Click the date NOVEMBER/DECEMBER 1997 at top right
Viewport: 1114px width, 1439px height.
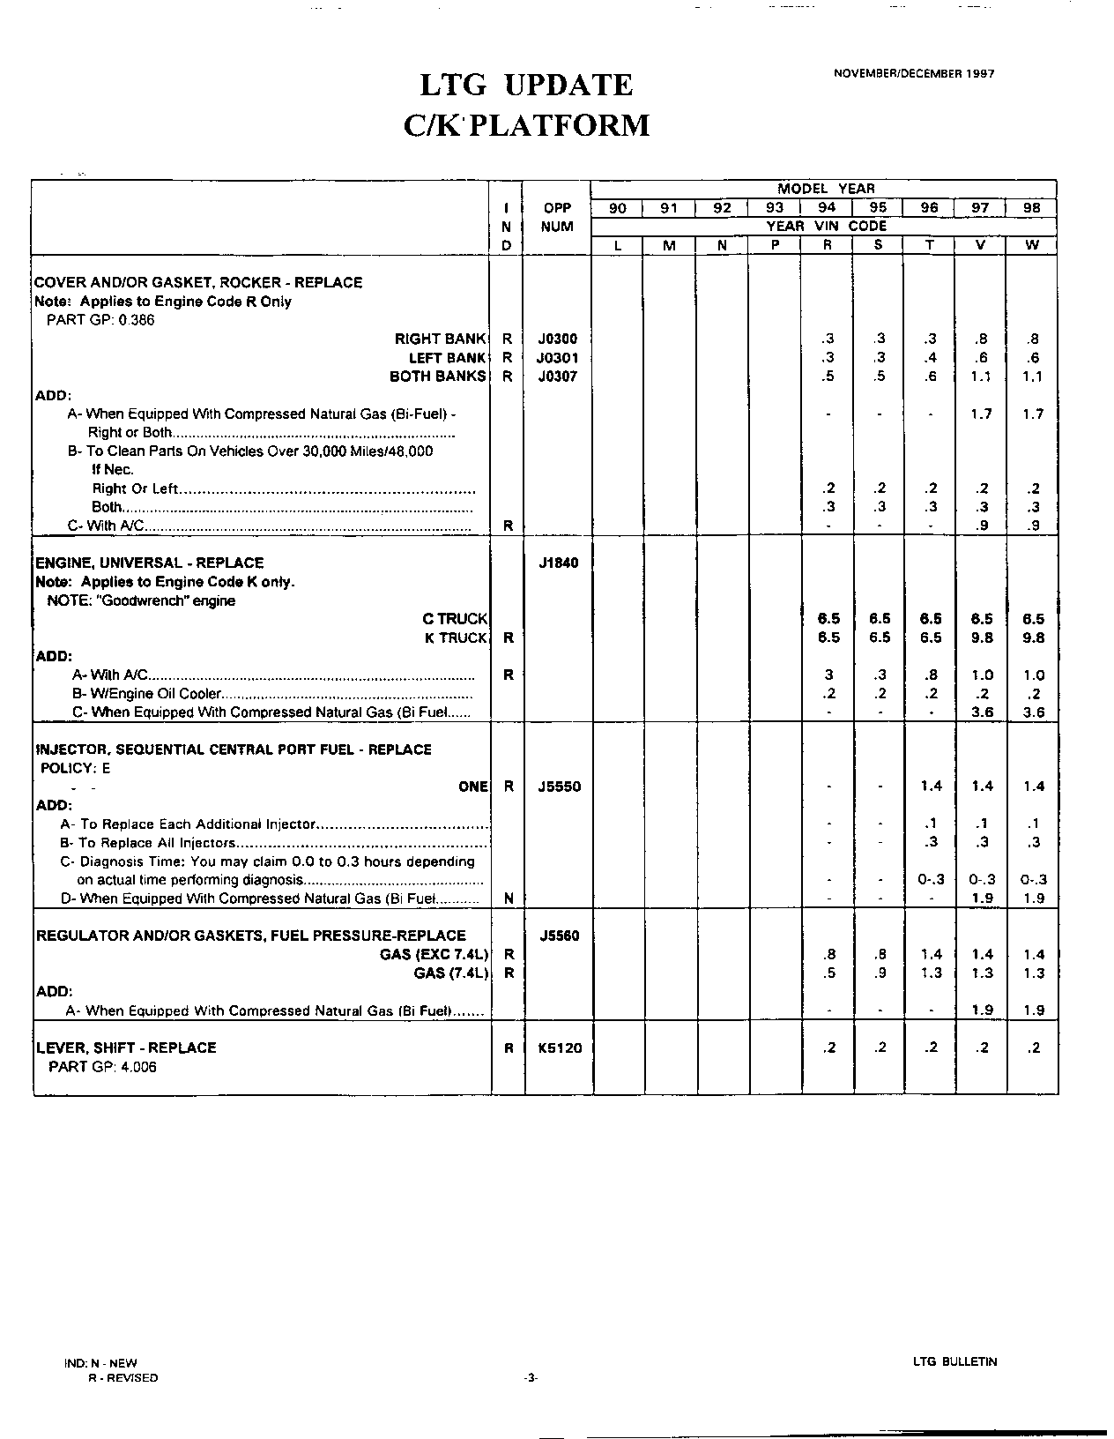tap(914, 74)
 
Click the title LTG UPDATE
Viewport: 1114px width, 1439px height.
tap(526, 86)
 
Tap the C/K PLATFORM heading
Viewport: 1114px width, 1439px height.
tap(526, 125)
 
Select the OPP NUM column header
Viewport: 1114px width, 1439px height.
tap(558, 217)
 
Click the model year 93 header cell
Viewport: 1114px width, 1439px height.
tap(774, 208)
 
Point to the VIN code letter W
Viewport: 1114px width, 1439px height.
tap(1031, 245)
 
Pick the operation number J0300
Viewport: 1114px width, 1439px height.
tap(558, 339)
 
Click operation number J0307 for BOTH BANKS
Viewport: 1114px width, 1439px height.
tap(558, 377)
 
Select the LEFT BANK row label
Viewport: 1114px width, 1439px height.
tap(448, 358)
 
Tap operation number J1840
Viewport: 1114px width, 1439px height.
tap(558, 563)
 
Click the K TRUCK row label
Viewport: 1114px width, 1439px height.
tap(456, 637)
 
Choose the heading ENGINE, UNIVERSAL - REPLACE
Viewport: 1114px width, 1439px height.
tap(149, 563)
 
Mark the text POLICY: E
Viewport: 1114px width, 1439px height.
tap(76, 768)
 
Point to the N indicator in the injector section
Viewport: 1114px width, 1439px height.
tap(509, 898)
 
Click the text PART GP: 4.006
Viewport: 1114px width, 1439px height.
tap(101, 1067)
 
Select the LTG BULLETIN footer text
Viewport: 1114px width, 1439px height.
tap(955, 1361)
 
